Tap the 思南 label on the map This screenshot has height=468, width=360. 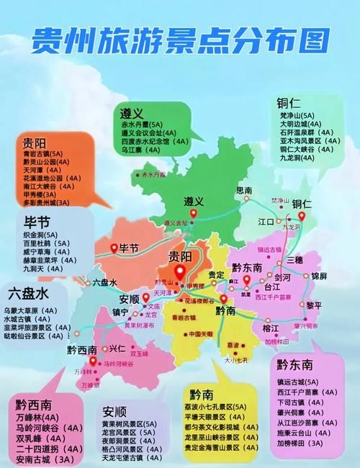(x=245, y=190)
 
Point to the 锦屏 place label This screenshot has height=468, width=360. (x=319, y=276)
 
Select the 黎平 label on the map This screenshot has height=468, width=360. (x=314, y=305)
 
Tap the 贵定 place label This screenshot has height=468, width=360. (x=216, y=274)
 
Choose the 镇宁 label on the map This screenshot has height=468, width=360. (x=120, y=312)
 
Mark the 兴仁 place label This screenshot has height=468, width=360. (x=117, y=348)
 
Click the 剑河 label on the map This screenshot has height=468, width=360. (x=283, y=276)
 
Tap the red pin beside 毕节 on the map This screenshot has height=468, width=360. (x=113, y=248)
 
